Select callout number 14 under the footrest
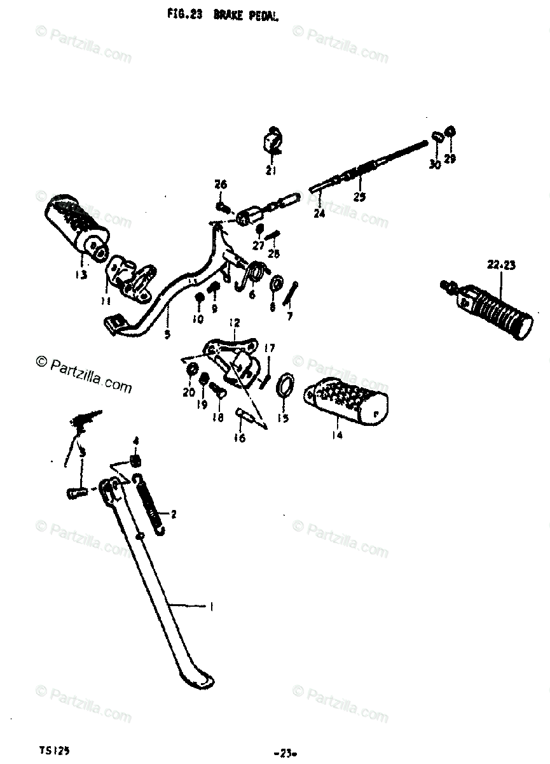pos(336,435)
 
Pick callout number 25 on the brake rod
pos(359,197)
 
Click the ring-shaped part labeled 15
pos(285,385)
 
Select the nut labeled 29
pos(450,132)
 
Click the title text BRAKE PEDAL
pos(251,15)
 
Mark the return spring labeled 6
pos(254,274)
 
